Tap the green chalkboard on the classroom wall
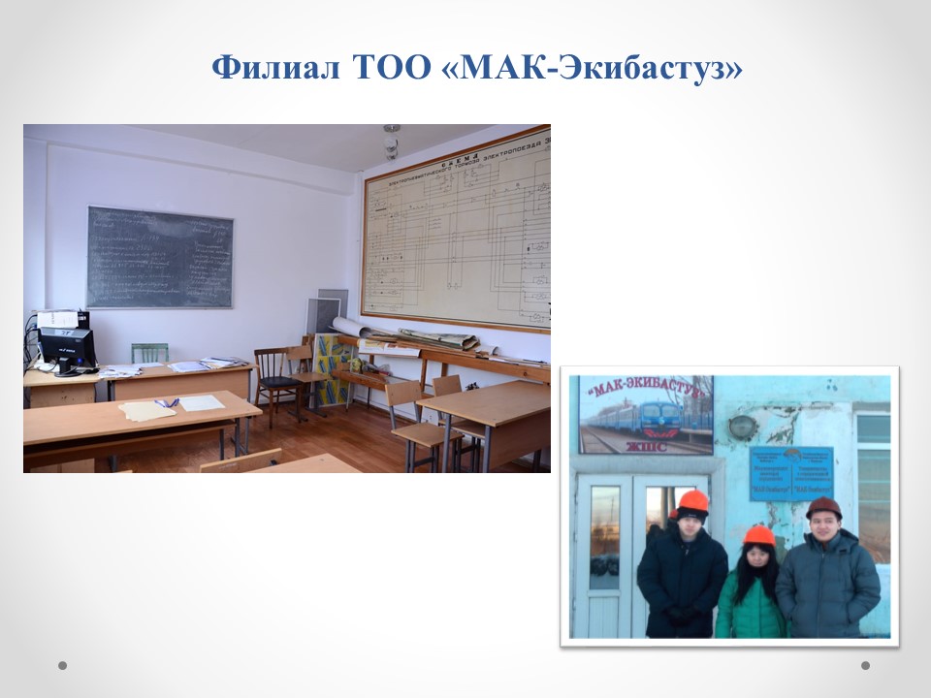pos(160,257)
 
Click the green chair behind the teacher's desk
pos(149,353)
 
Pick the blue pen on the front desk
pos(167,402)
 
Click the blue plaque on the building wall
pos(790,472)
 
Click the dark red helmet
pos(823,508)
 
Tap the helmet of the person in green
pos(758,536)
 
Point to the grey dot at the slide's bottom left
pos(63,665)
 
